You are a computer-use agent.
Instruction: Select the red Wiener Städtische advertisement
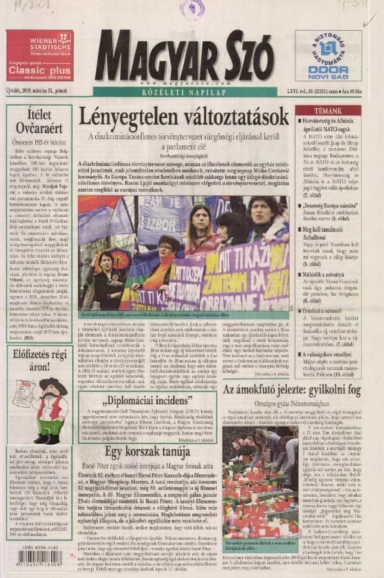point(39,55)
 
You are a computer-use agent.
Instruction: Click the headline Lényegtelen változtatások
point(184,117)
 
